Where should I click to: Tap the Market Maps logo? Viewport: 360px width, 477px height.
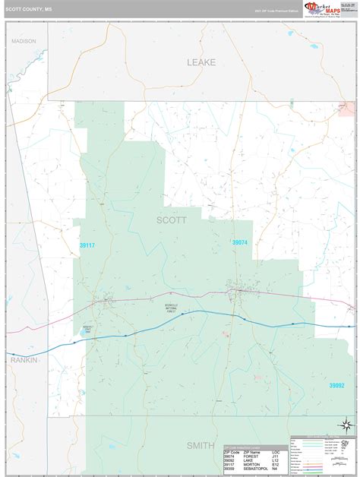click(x=321, y=8)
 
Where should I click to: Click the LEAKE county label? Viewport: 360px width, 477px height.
click(x=201, y=62)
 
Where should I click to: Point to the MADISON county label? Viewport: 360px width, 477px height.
click(x=23, y=41)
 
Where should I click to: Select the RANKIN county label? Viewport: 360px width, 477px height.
click(x=24, y=360)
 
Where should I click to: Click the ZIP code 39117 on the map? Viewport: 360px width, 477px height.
click(x=87, y=224)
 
